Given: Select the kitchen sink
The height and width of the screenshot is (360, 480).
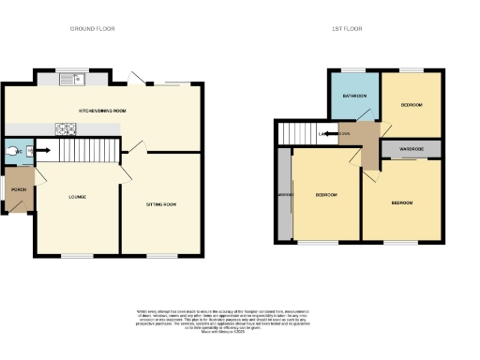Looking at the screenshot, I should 71,80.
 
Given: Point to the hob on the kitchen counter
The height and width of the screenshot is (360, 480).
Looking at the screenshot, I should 68,129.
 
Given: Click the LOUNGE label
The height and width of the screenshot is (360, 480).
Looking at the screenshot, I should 78,197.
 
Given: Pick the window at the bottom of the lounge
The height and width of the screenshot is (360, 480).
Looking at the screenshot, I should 76,255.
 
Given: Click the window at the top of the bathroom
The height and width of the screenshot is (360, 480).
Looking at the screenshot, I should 352,70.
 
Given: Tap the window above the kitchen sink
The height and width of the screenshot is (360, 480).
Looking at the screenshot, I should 71,71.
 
